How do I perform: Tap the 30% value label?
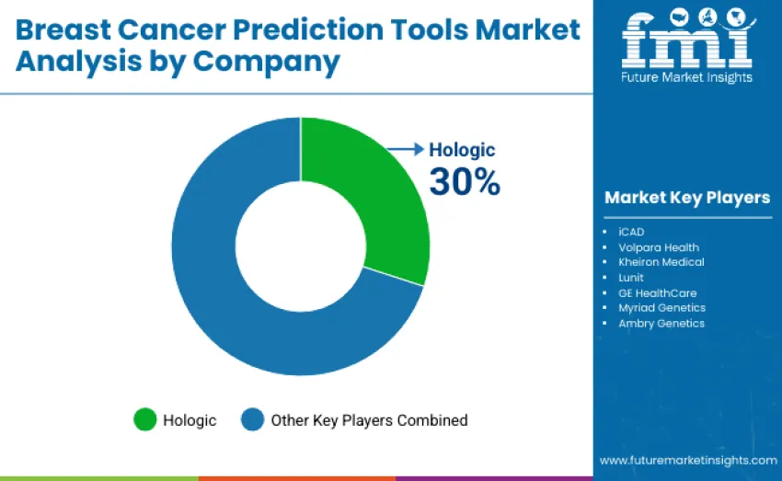coord(465,182)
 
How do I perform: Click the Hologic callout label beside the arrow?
coord(463,150)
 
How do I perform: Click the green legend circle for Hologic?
coord(145,420)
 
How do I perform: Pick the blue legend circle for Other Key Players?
coord(253,420)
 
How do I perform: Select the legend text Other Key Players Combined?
coord(369,420)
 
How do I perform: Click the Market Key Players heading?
coord(687,198)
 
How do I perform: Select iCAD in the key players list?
coord(631,232)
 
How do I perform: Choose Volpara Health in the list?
coord(659,247)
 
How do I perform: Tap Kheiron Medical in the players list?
coord(661,262)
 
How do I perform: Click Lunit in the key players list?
coord(631,278)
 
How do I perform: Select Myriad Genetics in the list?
coord(661,308)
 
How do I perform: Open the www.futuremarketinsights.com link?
coord(687,460)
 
